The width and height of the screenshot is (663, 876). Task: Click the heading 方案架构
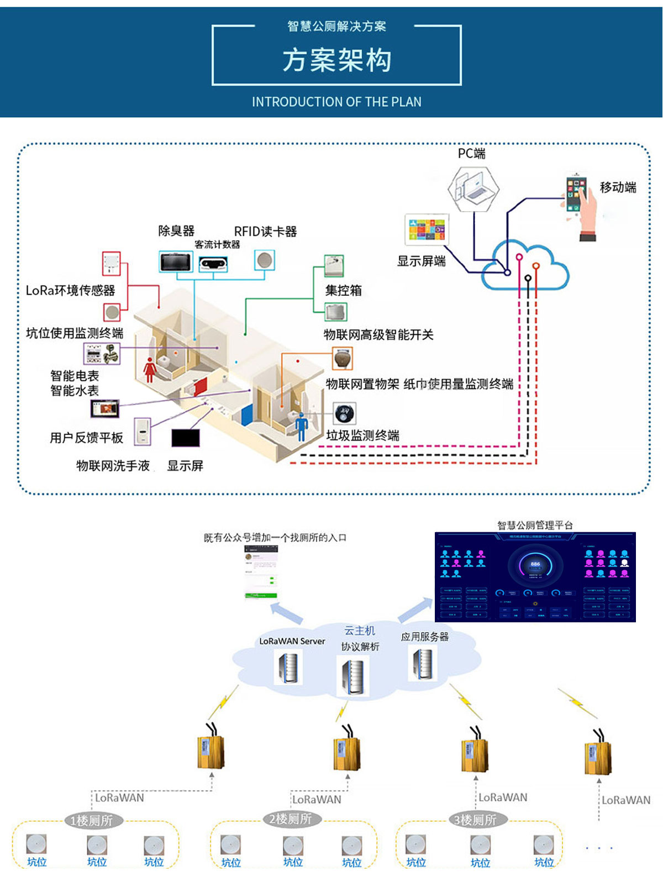point(336,60)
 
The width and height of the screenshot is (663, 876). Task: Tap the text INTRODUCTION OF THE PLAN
point(336,102)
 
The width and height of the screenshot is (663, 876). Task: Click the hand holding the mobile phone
point(581,207)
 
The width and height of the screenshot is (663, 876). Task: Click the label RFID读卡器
point(265,232)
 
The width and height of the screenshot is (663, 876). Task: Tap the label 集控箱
point(343,291)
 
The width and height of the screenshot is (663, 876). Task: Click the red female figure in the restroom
point(149,369)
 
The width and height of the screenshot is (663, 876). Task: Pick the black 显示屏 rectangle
point(185,438)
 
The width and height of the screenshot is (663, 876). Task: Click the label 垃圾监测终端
point(362,436)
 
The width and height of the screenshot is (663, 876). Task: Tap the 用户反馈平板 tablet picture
point(105,409)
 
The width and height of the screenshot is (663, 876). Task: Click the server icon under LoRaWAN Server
point(288,667)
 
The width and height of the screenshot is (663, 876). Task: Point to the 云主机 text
point(360,631)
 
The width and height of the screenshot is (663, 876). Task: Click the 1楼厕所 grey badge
point(92,821)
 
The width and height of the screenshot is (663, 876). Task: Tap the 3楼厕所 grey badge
point(475,820)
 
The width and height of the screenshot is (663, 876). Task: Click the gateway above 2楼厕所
point(347,752)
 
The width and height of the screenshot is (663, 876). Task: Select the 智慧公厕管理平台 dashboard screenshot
point(535,577)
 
